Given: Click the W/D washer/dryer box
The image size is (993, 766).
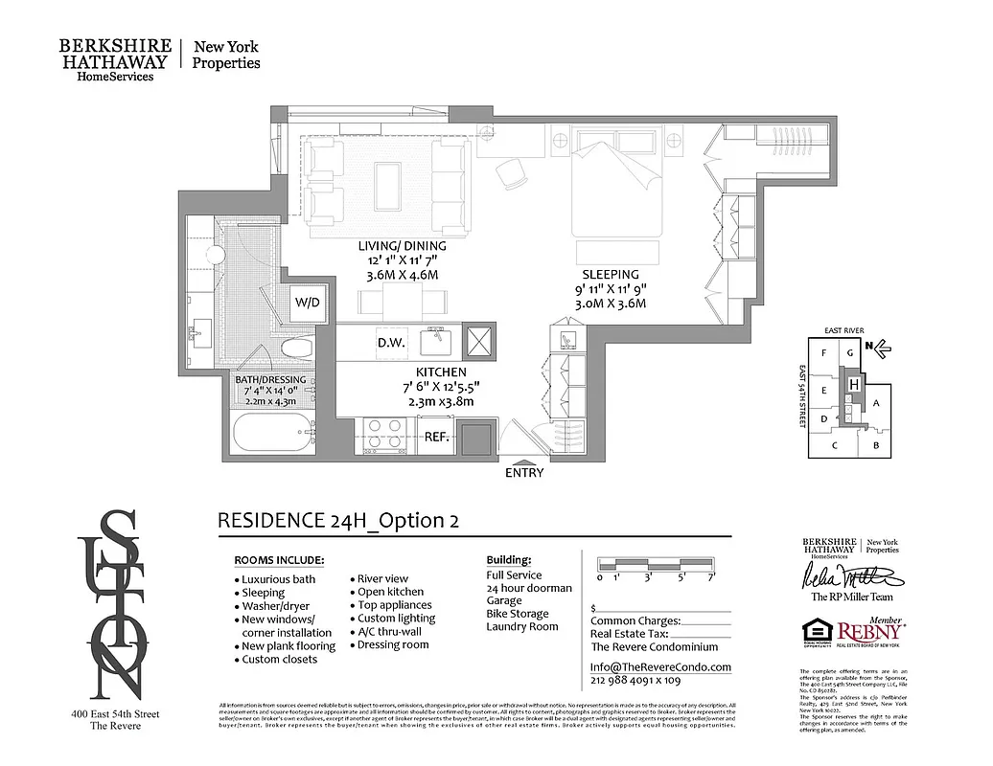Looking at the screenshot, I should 307,302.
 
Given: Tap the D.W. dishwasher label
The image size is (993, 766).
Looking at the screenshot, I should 388,342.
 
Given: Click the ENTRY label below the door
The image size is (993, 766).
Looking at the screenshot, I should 523,472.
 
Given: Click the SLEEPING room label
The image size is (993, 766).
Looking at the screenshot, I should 610,274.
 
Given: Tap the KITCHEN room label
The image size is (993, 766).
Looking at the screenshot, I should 441,372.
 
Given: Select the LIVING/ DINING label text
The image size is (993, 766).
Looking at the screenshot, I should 402,246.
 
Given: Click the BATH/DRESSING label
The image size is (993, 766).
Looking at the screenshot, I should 270,380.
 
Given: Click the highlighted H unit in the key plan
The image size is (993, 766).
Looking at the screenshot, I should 852,383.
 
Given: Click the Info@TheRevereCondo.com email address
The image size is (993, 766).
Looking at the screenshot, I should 659,667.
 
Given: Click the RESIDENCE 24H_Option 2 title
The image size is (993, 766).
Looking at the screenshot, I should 337,520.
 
